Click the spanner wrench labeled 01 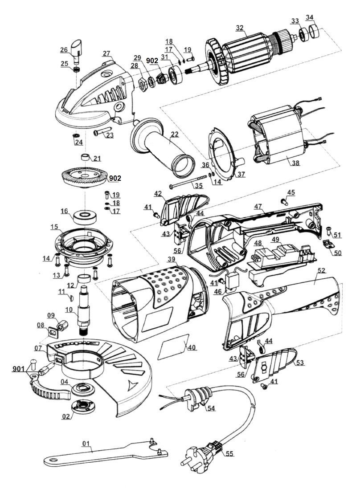(102, 454)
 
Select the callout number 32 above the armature (240, 28)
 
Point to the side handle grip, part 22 (163, 147)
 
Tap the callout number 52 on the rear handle (321, 270)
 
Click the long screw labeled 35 (187, 183)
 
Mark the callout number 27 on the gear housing (106, 54)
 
